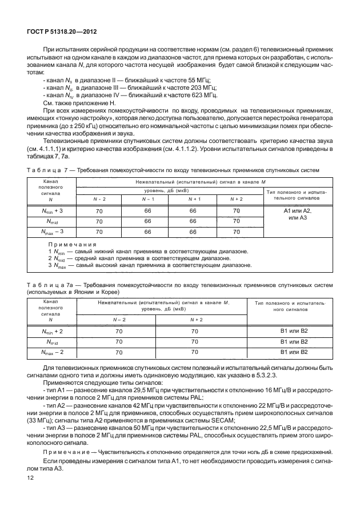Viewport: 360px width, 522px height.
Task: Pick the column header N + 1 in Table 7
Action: coord(193,198)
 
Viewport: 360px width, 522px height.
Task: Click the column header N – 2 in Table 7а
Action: coord(119,319)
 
